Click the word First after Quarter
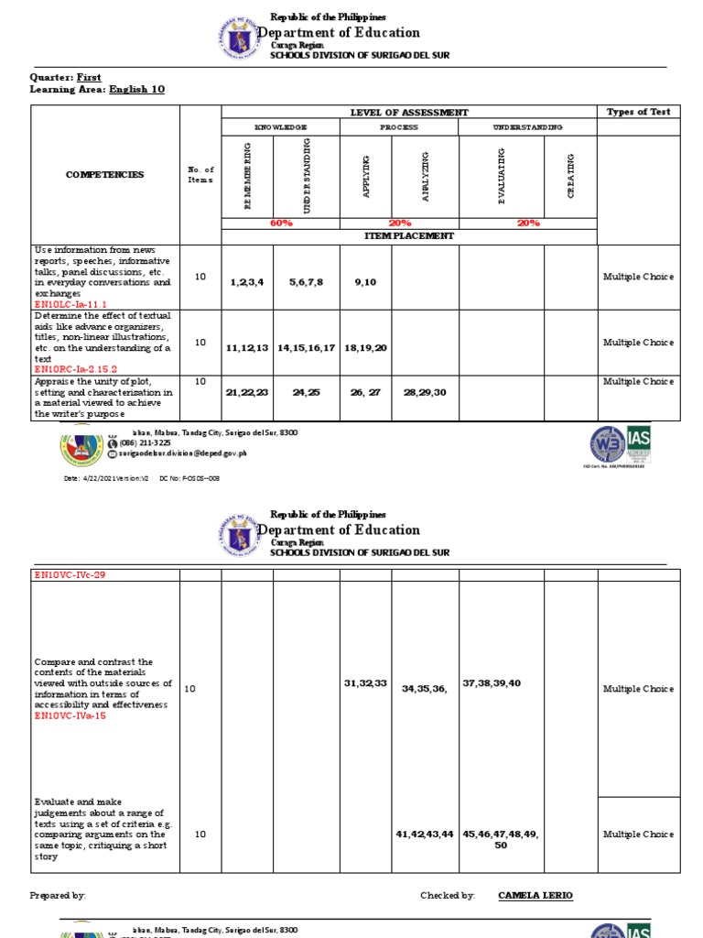[x=89, y=78]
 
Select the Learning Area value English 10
[x=136, y=90]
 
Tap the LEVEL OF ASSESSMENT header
[x=408, y=112]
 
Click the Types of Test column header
[x=638, y=112]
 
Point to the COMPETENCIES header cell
[x=104, y=174]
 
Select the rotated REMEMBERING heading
[x=247, y=175]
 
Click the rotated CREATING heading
[x=570, y=175]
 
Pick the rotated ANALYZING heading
[x=425, y=175]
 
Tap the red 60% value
[x=281, y=223]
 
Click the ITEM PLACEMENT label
[x=408, y=235]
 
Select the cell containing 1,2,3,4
[x=246, y=283]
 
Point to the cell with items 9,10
[x=365, y=283]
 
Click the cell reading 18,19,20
[x=365, y=348]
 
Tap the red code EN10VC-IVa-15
[x=72, y=716]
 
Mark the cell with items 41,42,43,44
[x=425, y=834]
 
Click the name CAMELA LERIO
[x=535, y=896]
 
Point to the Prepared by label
[x=58, y=896]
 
